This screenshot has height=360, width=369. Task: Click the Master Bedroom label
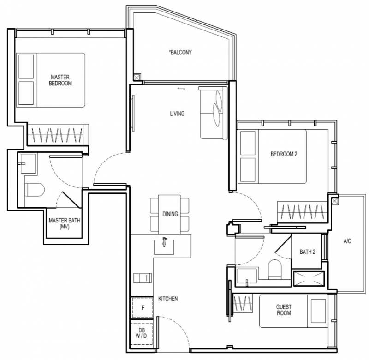point(60,80)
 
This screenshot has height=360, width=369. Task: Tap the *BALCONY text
point(180,52)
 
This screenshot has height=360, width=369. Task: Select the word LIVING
point(177,114)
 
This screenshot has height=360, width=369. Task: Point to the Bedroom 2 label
point(284,154)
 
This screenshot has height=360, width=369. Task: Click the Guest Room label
point(284,310)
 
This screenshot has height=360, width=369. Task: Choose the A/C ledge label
point(347,241)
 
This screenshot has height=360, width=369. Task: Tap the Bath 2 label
point(307,252)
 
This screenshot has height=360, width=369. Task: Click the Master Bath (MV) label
point(64,223)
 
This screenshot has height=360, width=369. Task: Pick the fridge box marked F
point(143,307)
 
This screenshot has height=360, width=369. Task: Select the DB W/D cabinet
point(142,333)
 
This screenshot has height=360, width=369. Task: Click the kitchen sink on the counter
point(164,247)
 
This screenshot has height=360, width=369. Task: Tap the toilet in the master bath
point(35,190)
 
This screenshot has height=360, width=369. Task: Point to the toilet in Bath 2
point(275,270)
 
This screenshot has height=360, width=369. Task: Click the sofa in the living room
point(213,113)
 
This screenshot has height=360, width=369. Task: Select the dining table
point(169,214)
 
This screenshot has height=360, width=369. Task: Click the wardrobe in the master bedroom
point(58,135)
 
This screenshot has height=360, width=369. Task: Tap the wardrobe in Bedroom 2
point(303,212)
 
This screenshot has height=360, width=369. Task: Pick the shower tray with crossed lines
point(309,278)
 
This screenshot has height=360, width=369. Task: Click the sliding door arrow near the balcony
point(181,89)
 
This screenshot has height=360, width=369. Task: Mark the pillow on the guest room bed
point(318,311)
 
